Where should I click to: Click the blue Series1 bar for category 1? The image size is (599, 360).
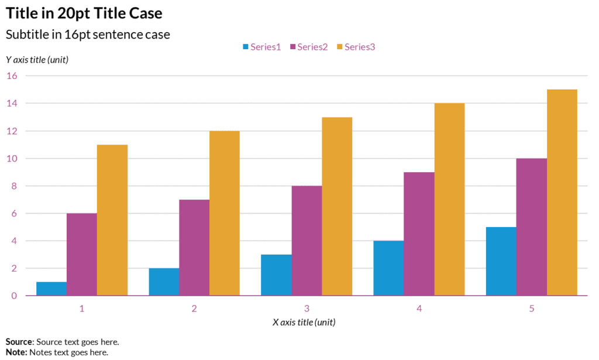pyautogui.click(x=51, y=289)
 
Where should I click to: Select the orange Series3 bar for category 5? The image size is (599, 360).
pyautogui.click(x=562, y=193)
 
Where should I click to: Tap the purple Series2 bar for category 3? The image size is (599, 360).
pyautogui.click(x=307, y=241)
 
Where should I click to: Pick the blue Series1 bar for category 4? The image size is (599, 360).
pyautogui.click(x=388, y=268)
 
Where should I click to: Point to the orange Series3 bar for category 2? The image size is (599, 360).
pyautogui.click(x=225, y=213)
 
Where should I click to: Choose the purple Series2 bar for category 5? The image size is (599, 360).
pyautogui.click(x=532, y=227)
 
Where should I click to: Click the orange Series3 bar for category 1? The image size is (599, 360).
pyautogui.click(x=112, y=220)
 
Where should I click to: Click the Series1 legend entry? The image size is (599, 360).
pyautogui.click(x=261, y=47)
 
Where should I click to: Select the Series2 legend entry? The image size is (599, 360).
pyautogui.click(x=308, y=47)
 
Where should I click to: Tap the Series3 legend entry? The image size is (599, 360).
pyautogui.click(x=355, y=47)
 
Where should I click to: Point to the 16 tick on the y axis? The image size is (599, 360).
pyautogui.click(x=12, y=76)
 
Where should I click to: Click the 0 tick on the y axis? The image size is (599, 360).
pyautogui.click(x=14, y=296)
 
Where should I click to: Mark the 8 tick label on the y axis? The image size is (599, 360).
pyautogui.click(x=14, y=186)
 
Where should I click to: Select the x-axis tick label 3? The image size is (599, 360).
pyautogui.click(x=307, y=308)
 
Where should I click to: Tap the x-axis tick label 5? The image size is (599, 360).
pyautogui.click(x=532, y=308)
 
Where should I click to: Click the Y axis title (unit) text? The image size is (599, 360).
pyautogui.click(x=37, y=60)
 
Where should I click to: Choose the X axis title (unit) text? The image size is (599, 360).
pyautogui.click(x=304, y=323)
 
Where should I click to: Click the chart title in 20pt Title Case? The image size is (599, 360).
pyautogui.click(x=84, y=13)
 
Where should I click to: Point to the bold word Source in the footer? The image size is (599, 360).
pyautogui.click(x=19, y=342)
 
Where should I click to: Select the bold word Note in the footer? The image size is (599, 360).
pyautogui.click(x=16, y=352)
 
